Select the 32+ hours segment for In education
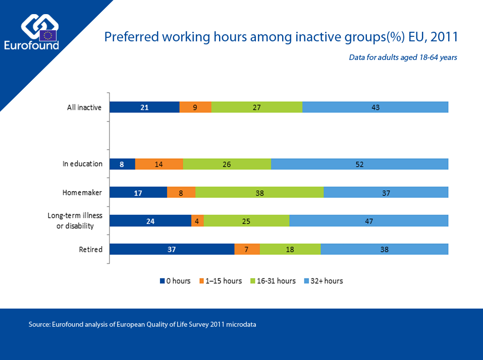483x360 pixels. pos(359,164)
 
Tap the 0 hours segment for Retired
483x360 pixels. pos(172,249)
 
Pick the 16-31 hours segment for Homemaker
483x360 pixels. pos(259,192)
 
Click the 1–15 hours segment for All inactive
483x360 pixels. pos(195,107)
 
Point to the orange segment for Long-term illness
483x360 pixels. pos(197,221)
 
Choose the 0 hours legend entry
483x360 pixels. pos(175,281)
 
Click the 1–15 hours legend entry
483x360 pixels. pos(220,281)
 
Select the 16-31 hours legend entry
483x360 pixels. pos(273,281)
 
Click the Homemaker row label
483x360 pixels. pos(82,192)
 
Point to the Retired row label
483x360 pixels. pos(90,249)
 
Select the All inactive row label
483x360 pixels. pos(85,107)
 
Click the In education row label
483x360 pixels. pos(82,164)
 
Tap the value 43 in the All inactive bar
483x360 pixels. pos(375,107)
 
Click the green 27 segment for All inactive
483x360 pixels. pos(257,107)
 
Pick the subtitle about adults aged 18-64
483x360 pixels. pos(403,57)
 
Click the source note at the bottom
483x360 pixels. pos(142,325)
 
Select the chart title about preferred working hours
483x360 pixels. pos(281,37)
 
